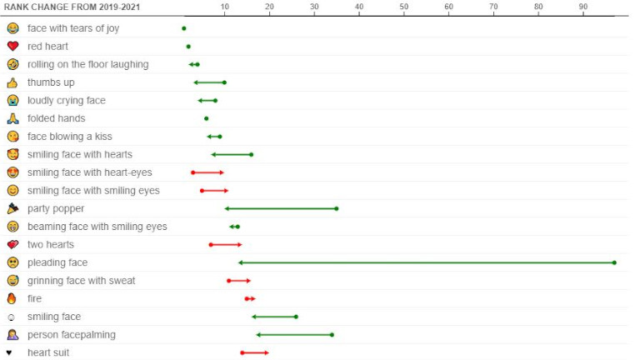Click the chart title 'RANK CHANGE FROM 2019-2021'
click(x=72, y=7)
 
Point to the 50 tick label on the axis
click(x=403, y=7)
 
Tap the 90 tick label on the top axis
click(x=583, y=7)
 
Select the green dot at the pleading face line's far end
click(x=614, y=262)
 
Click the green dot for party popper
click(x=337, y=208)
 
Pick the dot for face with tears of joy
click(x=184, y=28)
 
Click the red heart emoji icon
click(x=12, y=46)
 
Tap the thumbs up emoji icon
click(x=12, y=82)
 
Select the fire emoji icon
click(x=12, y=299)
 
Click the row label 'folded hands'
click(x=57, y=118)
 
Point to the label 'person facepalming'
click(x=72, y=335)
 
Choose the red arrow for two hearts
click(x=226, y=245)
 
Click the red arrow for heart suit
click(x=255, y=352)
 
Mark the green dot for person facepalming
click(x=332, y=335)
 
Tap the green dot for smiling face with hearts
click(x=251, y=155)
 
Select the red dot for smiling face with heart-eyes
click(x=193, y=172)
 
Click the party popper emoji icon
click(x=12, y=208)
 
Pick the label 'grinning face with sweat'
click(x=81, y=281)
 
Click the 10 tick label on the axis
click(x=224, y=7)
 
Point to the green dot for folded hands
click(x=206, y=119)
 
